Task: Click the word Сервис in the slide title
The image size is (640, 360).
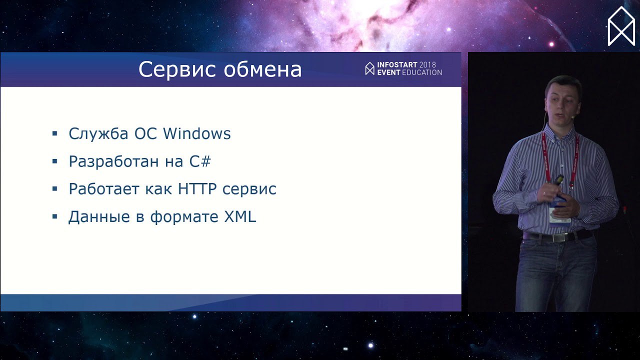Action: [x=177, y=69]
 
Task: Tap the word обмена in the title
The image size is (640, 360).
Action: [x=262, y=69]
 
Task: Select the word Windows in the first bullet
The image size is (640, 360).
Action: [x=197, y=133]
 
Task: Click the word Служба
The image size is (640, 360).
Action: [x=98, y=133]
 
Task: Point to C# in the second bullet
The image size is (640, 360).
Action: [x=200, y=161]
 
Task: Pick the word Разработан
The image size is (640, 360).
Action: [x=113, y=161]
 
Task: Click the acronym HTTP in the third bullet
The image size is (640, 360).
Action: [x=197, y=189]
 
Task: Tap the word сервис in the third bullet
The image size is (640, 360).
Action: [x=249, y=189]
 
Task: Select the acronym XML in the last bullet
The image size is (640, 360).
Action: [x=240, y=216]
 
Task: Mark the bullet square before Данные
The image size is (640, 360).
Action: [x=55, y=216]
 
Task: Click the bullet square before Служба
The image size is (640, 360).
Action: [x=55, y=133]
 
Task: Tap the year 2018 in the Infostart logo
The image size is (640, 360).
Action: [x=427, y=65]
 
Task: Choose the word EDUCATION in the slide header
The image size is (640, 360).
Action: [x=422, y=72]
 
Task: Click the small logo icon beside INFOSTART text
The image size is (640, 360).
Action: [x=369, y=68]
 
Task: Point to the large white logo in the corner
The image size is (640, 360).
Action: [x=621, y=26]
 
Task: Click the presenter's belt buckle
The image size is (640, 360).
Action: [x=561, y=237]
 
